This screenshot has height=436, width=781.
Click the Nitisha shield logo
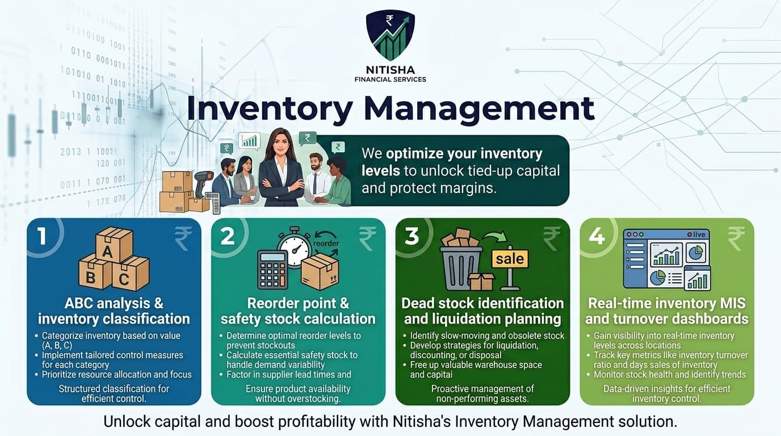click(x=390, y=35)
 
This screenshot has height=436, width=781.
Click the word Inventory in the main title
click(x=270, y=109)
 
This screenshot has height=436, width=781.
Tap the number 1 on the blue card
click(x=42, y=236)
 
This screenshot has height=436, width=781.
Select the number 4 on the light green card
click(x=597, y=236)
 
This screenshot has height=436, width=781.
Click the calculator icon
click(x=272, y=270)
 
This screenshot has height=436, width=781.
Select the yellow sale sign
click(x=510, y=259)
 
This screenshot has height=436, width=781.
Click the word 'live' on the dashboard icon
click(x=698, y=234)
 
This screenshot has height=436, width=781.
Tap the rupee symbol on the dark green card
click(x=552, y=238)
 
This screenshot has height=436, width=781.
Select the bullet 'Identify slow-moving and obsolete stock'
click(x=487, y=336)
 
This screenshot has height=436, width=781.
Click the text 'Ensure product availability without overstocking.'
click(x=297, y=393)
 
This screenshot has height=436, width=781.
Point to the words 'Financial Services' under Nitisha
click(x=390, y=79)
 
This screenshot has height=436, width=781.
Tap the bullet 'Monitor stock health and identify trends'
click(x=670, y=375)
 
